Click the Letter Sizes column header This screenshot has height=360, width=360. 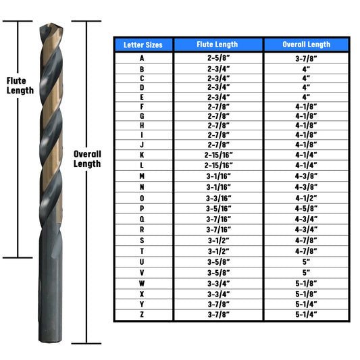[143, 45]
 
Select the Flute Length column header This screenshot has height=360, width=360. [217, 45]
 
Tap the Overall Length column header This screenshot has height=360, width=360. [306, 45]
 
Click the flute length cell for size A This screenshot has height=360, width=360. [218, 58]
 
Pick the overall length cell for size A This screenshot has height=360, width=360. [306, 58]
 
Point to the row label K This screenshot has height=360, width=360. [142, 155]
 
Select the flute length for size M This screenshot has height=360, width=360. [218, 176]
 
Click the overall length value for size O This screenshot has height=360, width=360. [306, 198]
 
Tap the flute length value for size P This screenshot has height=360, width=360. [218, 209]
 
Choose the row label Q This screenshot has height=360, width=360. [142, 219]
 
